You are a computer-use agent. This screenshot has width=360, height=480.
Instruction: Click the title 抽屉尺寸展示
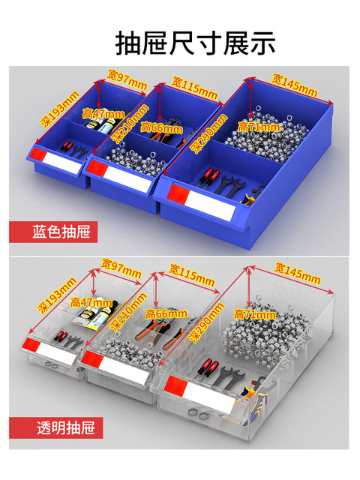195,43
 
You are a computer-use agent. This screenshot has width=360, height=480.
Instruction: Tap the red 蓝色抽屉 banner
53,232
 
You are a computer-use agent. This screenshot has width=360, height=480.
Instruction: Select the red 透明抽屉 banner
56,427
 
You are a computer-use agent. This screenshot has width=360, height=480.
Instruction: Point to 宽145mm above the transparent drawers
297,272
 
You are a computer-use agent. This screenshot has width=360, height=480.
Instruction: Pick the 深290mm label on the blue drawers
209,133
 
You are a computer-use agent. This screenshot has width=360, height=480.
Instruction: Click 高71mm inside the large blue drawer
259,127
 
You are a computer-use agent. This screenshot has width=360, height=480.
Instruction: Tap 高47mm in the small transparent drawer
91,302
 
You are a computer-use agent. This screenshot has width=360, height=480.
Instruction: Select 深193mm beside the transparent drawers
57,295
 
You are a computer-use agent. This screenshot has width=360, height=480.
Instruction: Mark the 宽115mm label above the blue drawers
194,88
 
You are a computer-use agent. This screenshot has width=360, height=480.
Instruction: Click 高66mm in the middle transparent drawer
166,313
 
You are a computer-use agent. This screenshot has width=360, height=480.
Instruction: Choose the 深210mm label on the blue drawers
130,123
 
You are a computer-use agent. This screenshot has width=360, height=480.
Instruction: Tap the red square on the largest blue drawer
178,194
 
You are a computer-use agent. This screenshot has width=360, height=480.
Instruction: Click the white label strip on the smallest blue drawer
61,162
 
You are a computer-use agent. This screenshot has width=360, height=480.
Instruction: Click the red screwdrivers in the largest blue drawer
208,176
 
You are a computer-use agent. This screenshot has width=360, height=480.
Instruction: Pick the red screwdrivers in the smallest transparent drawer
59,336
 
